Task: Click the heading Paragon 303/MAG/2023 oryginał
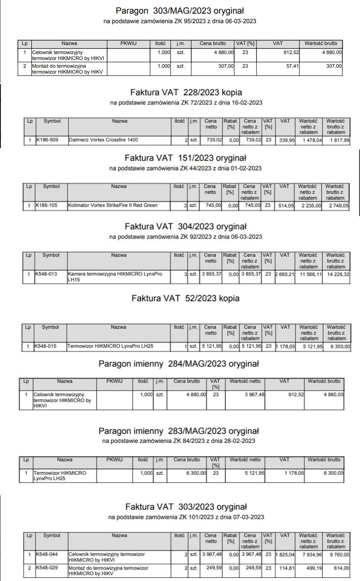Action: [x=180, y=10]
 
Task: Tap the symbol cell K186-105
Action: [x=47, y=205]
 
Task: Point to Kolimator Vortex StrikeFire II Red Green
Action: [x=113, y=205]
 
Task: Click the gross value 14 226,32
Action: [x=336, y=274]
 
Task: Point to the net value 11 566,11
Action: [x=309, y=274]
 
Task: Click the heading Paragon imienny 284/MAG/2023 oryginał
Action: [x=179, y=364]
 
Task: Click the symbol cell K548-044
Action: [x=47, y=555]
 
